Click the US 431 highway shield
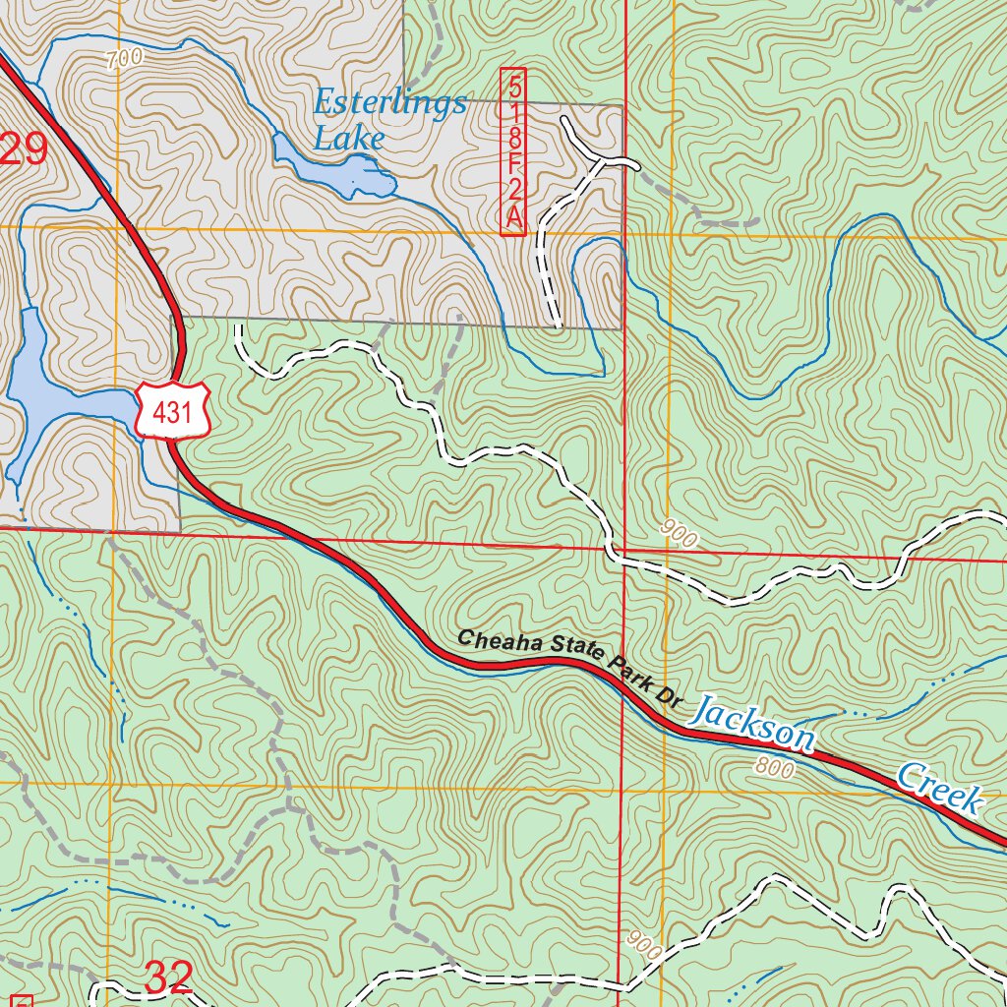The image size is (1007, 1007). [173, 410]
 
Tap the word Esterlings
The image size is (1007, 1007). [390, 102]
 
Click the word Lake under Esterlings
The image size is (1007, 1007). [348, 139]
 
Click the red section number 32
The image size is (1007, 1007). [168, 977]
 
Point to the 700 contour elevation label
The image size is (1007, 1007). [125, 59]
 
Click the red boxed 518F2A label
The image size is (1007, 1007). [513, 151]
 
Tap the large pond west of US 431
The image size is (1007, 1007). [49, 393]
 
